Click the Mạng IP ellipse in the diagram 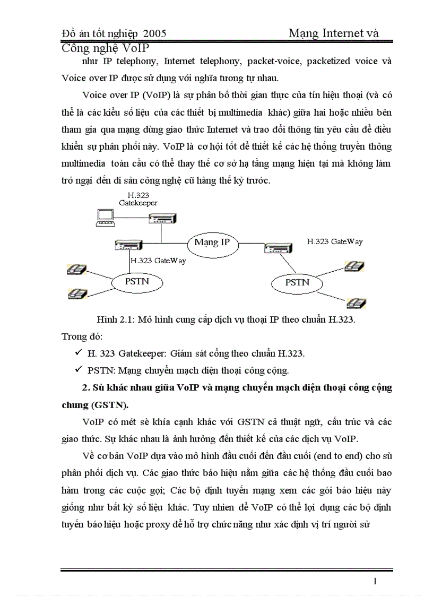click(212, 243)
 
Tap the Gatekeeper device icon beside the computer click(162, 218)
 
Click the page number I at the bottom click(376, 582)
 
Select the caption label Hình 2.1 click(114, 321)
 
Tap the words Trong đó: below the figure click(82, 336)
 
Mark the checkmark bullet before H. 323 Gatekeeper click(78, 352)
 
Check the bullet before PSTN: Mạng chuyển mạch click(78, 369)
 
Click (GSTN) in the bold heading click(110, 405)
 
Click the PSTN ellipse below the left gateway click(137, 282)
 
